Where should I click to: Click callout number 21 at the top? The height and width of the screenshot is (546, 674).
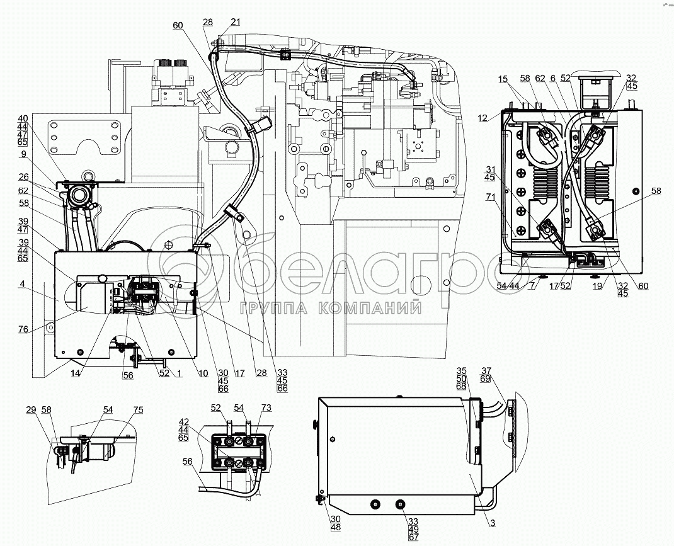tap(236, 22)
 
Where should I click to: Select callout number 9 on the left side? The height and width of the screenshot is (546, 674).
tap(23, 154)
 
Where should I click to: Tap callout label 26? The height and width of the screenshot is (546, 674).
tap(23, 176)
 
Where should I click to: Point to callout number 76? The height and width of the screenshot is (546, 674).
tap(23, 329)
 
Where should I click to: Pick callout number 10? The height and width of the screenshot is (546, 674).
tap(203, 373)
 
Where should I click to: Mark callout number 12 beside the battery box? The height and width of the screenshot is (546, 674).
tap(483, 118)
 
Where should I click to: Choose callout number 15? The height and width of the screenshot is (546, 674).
tap(503, 79)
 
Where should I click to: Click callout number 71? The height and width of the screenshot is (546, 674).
tap(491, 197)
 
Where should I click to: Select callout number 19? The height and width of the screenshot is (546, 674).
tap(597, 286)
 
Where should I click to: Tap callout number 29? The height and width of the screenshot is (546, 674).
tap(31, 410)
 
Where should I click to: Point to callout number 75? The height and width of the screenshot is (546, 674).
tap(137, 410)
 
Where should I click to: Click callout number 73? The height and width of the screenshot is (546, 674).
tap(266, 407)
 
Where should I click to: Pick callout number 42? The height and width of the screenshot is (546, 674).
tap(183, 421)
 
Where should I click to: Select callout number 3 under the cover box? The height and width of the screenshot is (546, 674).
tap(493, 523)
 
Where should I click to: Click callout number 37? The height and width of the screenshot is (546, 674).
tap(486, 371)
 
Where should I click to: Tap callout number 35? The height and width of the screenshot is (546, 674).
tap(461, 371)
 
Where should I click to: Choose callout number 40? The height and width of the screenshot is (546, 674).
tap(23, 118)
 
